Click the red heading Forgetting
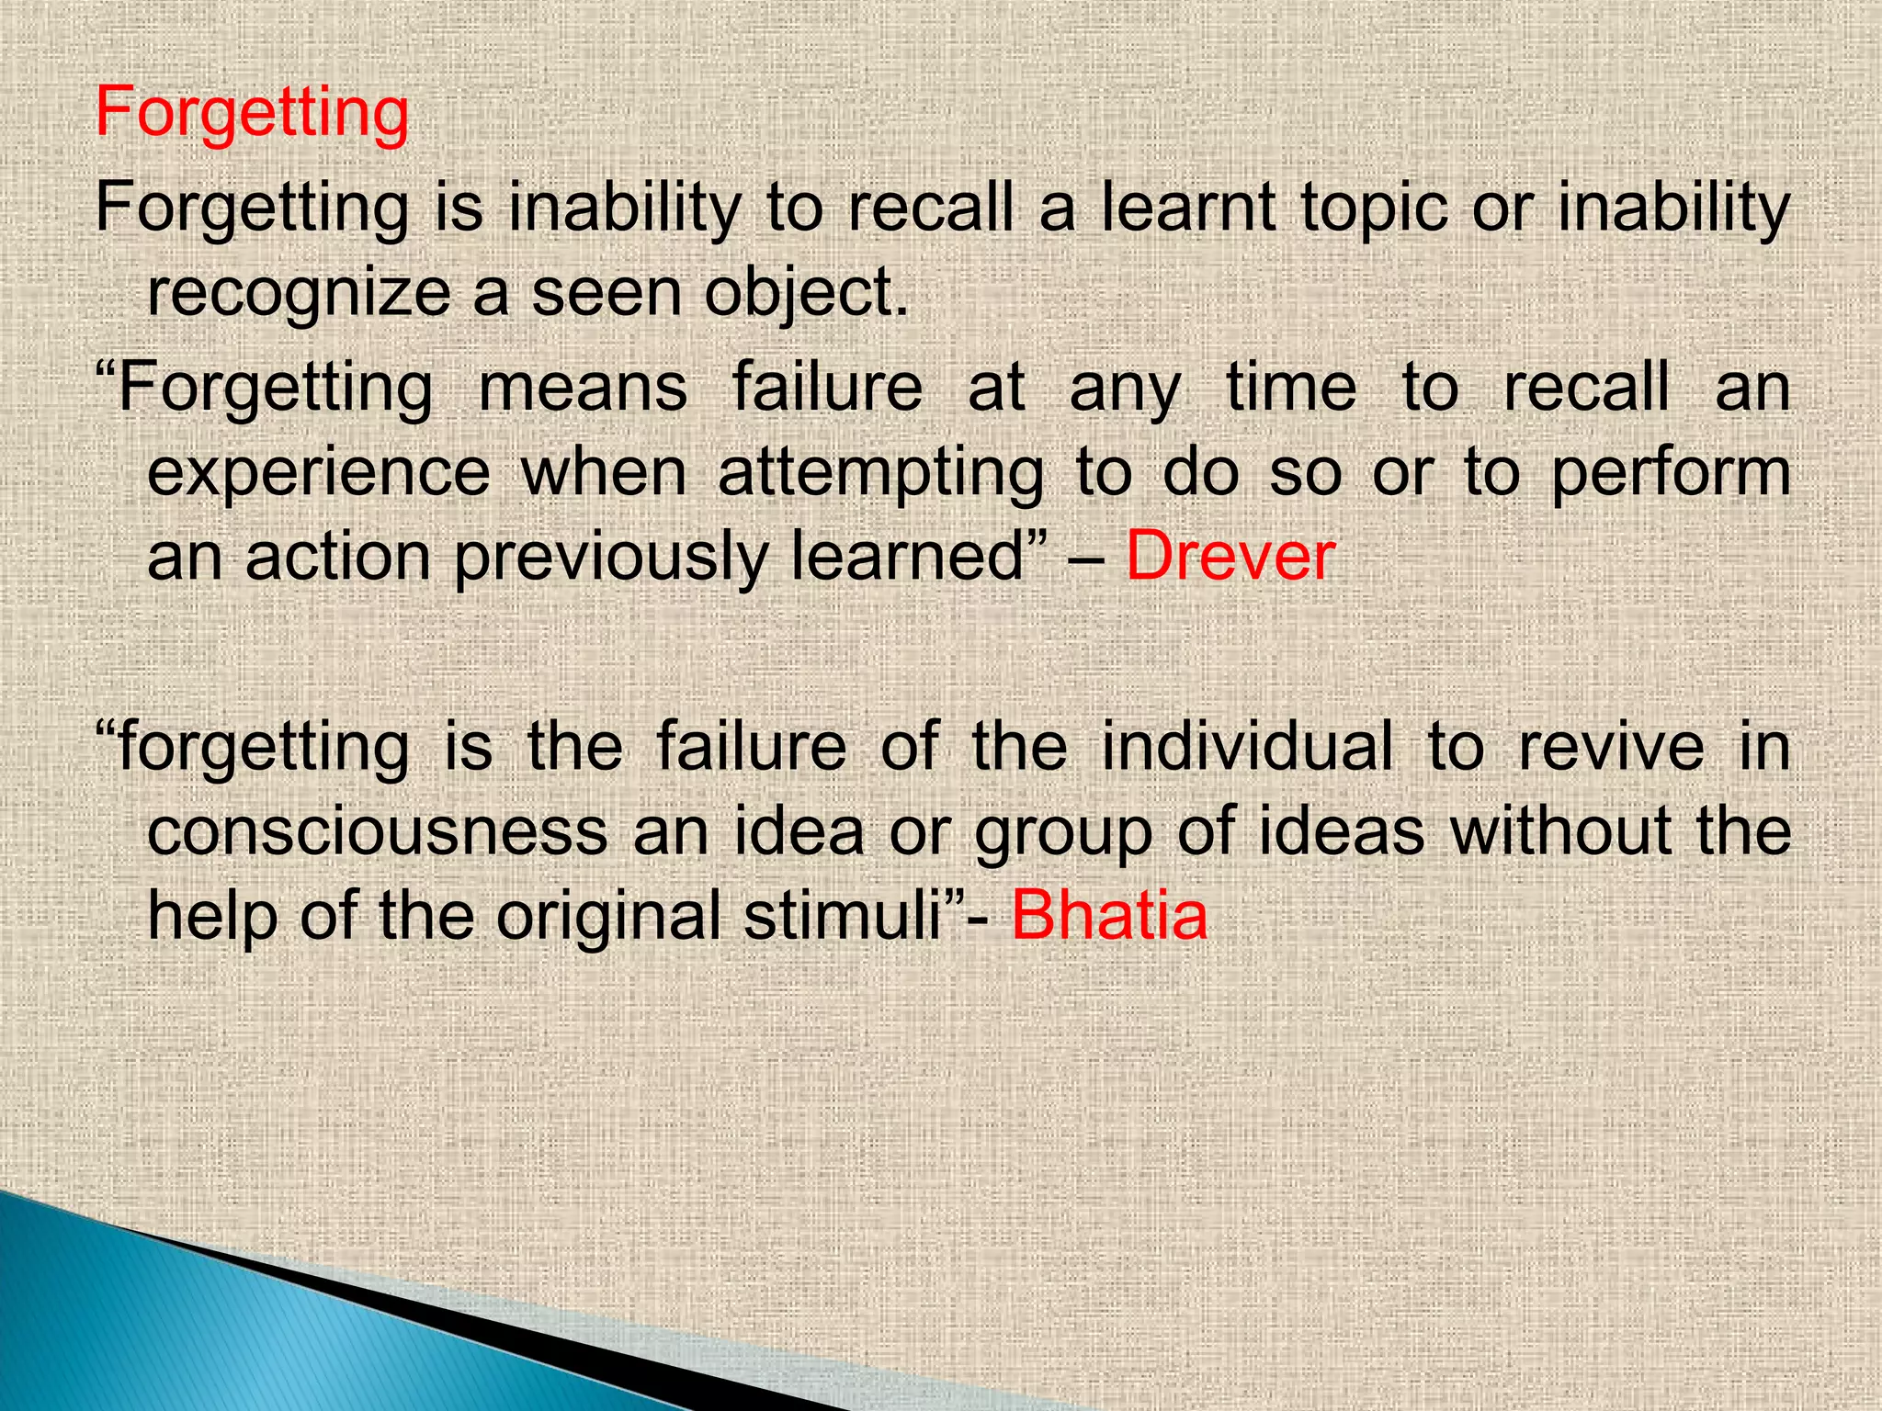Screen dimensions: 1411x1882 (x=252, y=114)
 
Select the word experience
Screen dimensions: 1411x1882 (x=319, y=474)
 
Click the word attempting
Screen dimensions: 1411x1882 (x=880, y=474)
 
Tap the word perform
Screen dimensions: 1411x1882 (x=1672, y=474)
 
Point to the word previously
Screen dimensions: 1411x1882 (x=611, y=559)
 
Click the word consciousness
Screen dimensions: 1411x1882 (x=378, y=831)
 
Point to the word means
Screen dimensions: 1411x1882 (x=583, y=387)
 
